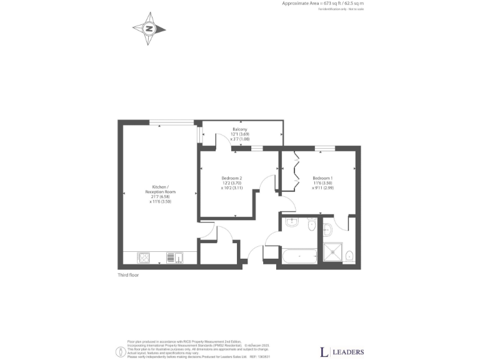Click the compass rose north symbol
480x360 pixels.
(149, 28)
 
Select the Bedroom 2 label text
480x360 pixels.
(231, 178)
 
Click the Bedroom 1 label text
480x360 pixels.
(322, 178)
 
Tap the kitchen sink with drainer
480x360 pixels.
(174, 257)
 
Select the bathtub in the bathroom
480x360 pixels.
(299, 256)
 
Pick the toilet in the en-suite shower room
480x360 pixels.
(350, 255)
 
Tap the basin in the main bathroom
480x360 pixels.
(291, 222)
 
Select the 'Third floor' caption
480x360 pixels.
(127, 275)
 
